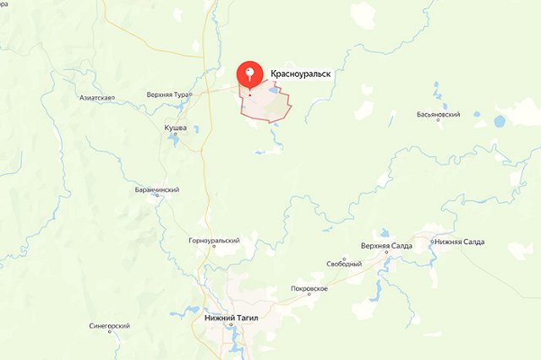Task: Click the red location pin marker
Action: coord(249,74)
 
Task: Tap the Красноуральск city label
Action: coord(299,74)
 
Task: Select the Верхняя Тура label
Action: coord(167,94)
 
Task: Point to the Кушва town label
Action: coord(175,128)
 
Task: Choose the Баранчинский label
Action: coord(156,190)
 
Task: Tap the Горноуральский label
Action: coord(214,241)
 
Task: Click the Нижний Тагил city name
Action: coord(230,319)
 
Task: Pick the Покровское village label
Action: coord(309,288)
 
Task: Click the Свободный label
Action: coord(344,265)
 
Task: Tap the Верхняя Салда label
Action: coord(386,245)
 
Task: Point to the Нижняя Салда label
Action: coord(459,242)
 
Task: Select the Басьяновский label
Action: coord(439,113)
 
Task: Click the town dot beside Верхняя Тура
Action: coord(192,94)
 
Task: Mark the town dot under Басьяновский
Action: coord(438,120)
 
